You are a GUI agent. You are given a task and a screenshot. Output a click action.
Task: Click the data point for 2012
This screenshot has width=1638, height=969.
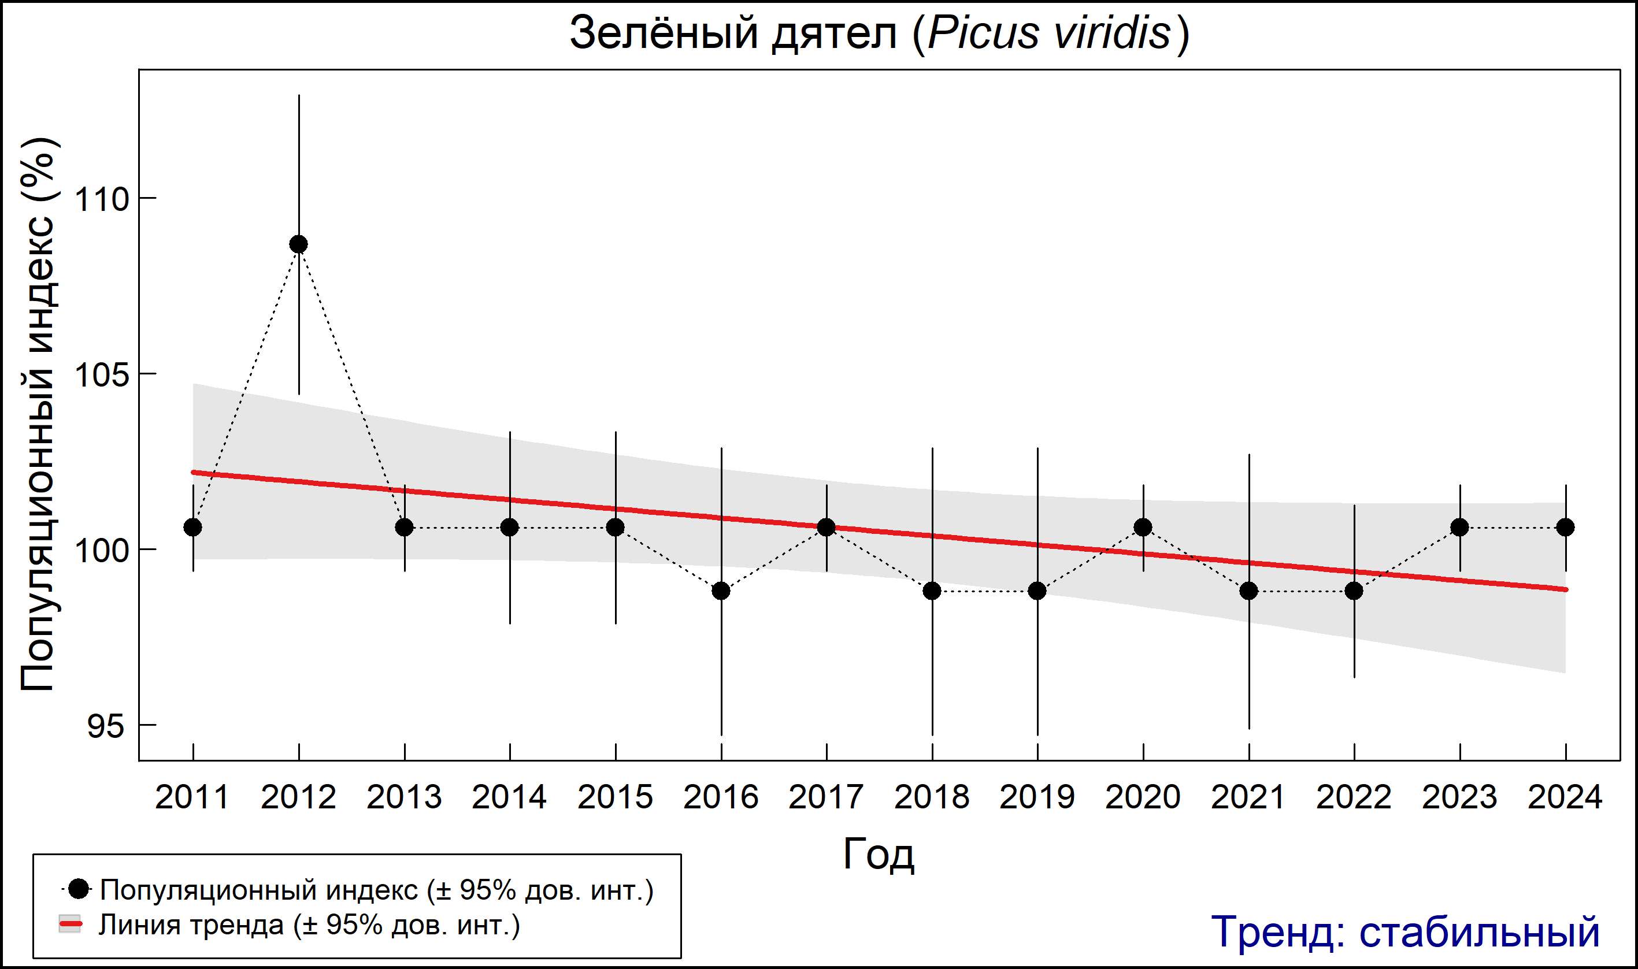(298, 244)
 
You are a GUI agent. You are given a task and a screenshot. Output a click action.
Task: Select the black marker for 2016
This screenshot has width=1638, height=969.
(721, 591)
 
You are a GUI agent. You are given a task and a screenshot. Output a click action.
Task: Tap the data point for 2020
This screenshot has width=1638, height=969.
(1143, 527)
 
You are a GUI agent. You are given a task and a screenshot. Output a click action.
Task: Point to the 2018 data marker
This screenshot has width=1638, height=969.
(932, 591)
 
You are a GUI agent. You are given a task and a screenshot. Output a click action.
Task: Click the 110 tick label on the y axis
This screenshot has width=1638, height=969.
(102, 199)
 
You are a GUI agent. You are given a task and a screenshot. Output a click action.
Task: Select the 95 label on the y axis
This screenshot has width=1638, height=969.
(105, 725)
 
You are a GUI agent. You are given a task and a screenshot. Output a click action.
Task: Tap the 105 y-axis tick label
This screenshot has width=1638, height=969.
(102, 375)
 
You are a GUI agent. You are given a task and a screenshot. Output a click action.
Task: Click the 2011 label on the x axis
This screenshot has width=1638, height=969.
(192, 797)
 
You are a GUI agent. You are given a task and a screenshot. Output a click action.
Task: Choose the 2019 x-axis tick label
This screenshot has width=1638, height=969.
(1037, 797)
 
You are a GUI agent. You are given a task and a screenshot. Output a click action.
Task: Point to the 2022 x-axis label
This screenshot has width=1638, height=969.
(1354, 797)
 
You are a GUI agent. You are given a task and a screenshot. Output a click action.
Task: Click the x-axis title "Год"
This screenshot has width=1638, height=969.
(879, 853)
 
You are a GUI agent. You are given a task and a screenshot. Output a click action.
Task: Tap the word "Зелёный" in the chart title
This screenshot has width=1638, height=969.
(664, 33)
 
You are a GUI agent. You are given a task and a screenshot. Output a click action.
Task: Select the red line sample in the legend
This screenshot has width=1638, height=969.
(71, 925)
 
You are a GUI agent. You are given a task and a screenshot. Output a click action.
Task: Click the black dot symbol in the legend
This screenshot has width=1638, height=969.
(79, 889)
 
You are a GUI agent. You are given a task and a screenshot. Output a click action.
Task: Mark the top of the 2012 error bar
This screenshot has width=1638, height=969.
(298, 95)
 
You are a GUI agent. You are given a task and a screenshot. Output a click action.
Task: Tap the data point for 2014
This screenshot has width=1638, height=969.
(509, 527)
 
